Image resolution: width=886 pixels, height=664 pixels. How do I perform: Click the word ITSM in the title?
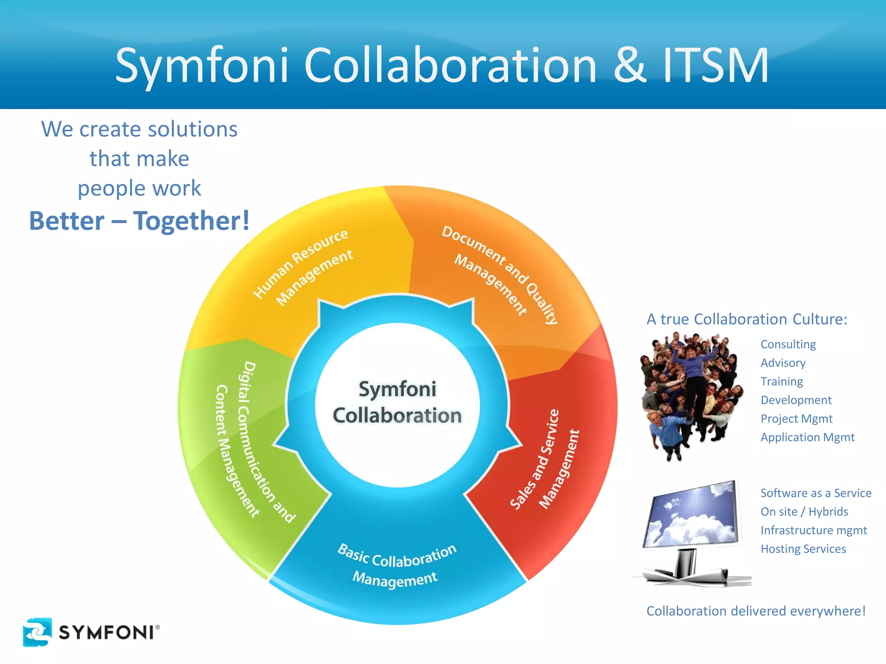[x=716, y=66]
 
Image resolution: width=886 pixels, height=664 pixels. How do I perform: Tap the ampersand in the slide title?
[x=630, y=66]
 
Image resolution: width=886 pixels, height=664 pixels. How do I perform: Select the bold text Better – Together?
[x=139, y=221]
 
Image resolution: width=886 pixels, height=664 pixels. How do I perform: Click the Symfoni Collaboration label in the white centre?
[x=397, y=402]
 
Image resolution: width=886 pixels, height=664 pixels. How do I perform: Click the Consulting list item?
[x=788, y=345]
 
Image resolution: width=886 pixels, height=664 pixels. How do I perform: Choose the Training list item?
[x=781, y=382]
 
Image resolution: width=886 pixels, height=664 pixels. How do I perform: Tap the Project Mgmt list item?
[x=796, y=419]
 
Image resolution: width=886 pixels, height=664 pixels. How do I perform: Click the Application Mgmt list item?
[x=807, y=437]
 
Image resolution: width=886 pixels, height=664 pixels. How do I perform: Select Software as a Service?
[x=815, y=493]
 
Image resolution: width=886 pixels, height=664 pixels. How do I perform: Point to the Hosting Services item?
[x=803, y=549]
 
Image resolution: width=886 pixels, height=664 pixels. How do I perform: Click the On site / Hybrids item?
[x=804, y=512]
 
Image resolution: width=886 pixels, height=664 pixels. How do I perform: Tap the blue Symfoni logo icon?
[x=37, y=632]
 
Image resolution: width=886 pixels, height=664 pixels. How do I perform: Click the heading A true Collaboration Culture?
[x=747, y=319]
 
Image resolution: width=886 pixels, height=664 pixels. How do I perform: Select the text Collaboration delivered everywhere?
[x=756, y=611]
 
